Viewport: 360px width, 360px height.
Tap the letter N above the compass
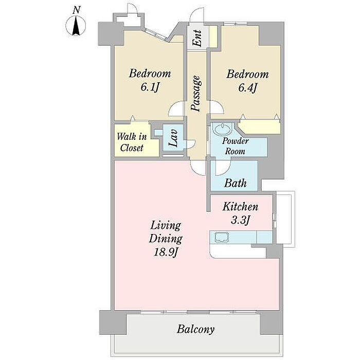77,10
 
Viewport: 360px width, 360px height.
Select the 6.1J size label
150,87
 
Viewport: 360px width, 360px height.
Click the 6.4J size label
247,88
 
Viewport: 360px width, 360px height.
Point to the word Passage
196,94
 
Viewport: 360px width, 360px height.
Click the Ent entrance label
197,39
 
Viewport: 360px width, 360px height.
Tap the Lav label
173,137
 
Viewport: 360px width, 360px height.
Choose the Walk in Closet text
132,142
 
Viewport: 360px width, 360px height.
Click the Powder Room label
235,146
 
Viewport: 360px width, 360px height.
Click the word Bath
236,183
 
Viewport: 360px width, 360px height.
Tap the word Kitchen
240,207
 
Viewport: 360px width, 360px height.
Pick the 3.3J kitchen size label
240,221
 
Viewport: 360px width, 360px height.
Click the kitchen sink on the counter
222,237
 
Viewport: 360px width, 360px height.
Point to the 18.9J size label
166,253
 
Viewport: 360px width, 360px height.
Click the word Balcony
195,330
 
